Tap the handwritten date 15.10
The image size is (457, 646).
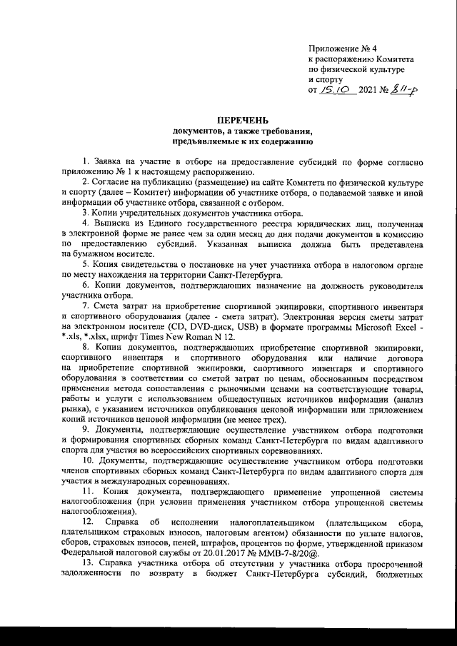point(333,90)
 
